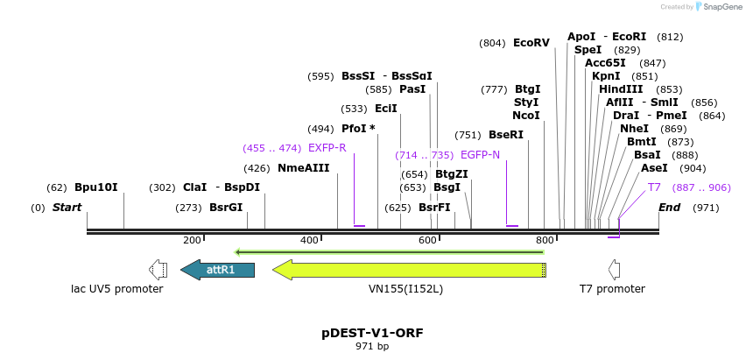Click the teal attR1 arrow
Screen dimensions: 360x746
click(x=218, y=269)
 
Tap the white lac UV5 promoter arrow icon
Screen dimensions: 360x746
click(x=158, y=269)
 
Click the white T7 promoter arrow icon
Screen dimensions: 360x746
click(x=614, y=269)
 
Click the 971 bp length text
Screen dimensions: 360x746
click(x=371, y=347)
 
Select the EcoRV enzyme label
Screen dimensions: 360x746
click(x=531, y=42)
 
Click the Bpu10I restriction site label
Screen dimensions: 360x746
click(x=95, y=187)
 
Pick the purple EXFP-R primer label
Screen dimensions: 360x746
click(x=327, y=148)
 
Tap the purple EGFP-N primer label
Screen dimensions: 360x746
click(x=480, y=155)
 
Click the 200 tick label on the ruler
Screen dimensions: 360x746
click(x=192, y=240)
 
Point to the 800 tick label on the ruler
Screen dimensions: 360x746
click(x=544, y=240)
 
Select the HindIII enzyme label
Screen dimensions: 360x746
click(x=621, y=89)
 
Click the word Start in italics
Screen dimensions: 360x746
click(x=67, y=208)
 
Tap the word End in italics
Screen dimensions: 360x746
click(x=669, y=208)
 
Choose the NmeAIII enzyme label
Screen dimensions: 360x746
click(x=303, y=168)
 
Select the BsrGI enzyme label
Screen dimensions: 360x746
click(x=226, y=208)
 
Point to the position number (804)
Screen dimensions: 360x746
click(x=492, y=43)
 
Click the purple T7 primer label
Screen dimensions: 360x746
click(x=654, y=187)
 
